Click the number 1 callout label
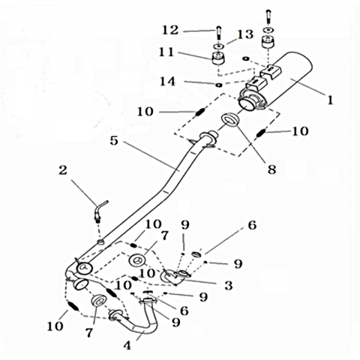[330, 100]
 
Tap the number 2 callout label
[63, 171]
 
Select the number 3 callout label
[229, 286]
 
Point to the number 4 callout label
[127, 346]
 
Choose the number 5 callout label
[114, 141]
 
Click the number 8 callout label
[271, 169]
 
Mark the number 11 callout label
[166, 52]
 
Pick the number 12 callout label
[170, 31]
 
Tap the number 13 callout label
[245, 34]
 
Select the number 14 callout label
[167, 82]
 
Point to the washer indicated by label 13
[219, 46]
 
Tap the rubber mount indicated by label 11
[218, 58]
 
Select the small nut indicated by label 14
[219, 85]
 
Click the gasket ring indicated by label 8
[230, 120]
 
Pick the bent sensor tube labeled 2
[100, 210]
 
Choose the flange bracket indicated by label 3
[175, 276]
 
